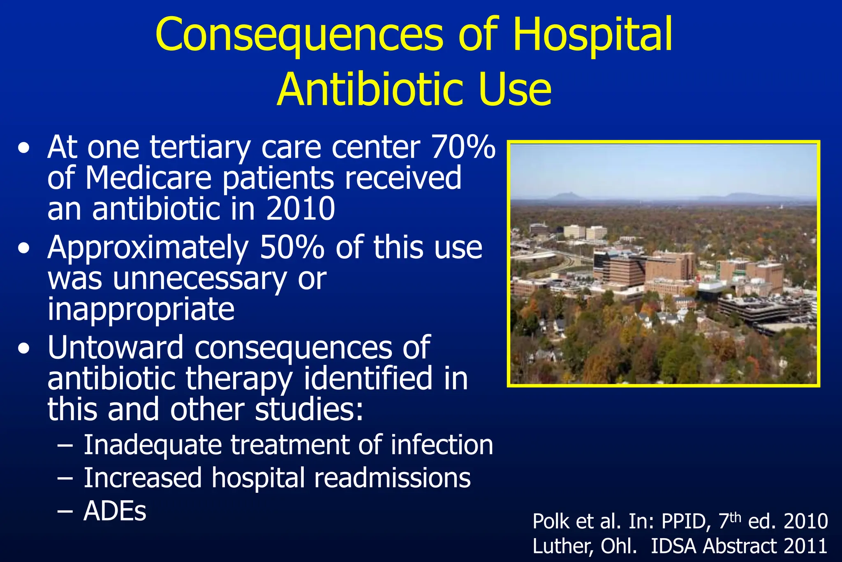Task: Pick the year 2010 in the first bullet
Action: pos(301,209)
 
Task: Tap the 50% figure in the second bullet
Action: pos(292,248)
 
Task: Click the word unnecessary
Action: pos(199,279)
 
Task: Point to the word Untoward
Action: pos(116,348)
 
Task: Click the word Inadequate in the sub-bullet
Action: pos(153,445)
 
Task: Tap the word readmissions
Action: pos(392,478)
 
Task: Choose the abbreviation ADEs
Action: pos(115,511)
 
